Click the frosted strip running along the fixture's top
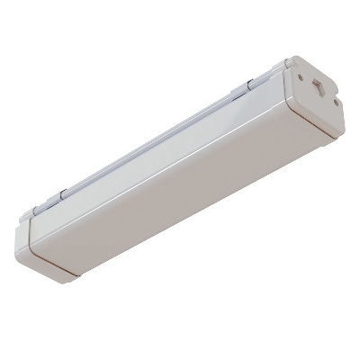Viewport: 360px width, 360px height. [153, 140]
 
